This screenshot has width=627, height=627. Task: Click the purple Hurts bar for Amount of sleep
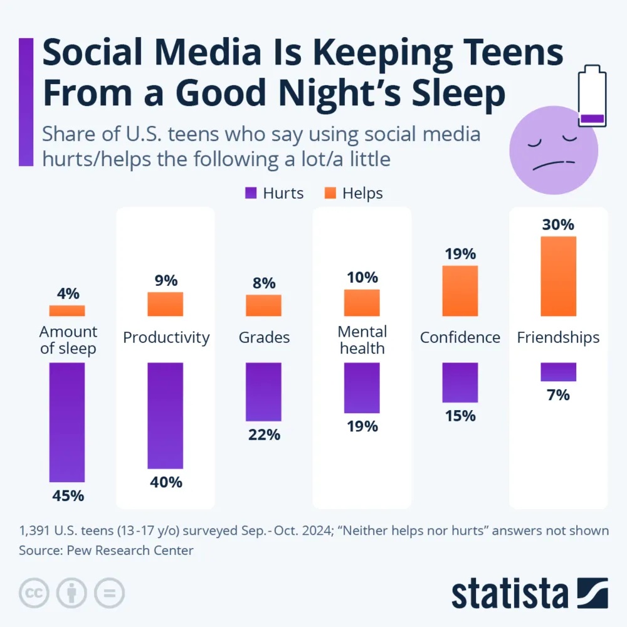point(67,422)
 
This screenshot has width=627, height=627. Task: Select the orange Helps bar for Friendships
point(558,276)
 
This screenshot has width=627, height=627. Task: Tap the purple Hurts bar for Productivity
point(165,415)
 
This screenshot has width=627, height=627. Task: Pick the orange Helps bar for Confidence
point(460,290)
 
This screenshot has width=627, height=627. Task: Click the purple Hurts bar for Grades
point(263,391)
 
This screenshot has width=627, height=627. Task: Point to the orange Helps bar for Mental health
point(362,302)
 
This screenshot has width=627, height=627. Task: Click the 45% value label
point(67,495)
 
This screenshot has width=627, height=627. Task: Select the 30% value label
point(558,224)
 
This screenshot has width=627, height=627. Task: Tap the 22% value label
point(263,434)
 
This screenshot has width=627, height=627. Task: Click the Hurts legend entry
point(274,193)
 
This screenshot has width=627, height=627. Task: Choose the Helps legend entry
point(354,193)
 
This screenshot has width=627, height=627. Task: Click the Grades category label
point(264,337)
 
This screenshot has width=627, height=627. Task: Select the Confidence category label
point(460,337)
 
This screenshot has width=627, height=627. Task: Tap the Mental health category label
point(362,339)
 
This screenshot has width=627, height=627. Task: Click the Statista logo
point(529,593)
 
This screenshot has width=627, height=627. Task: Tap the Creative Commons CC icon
point(34,593)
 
